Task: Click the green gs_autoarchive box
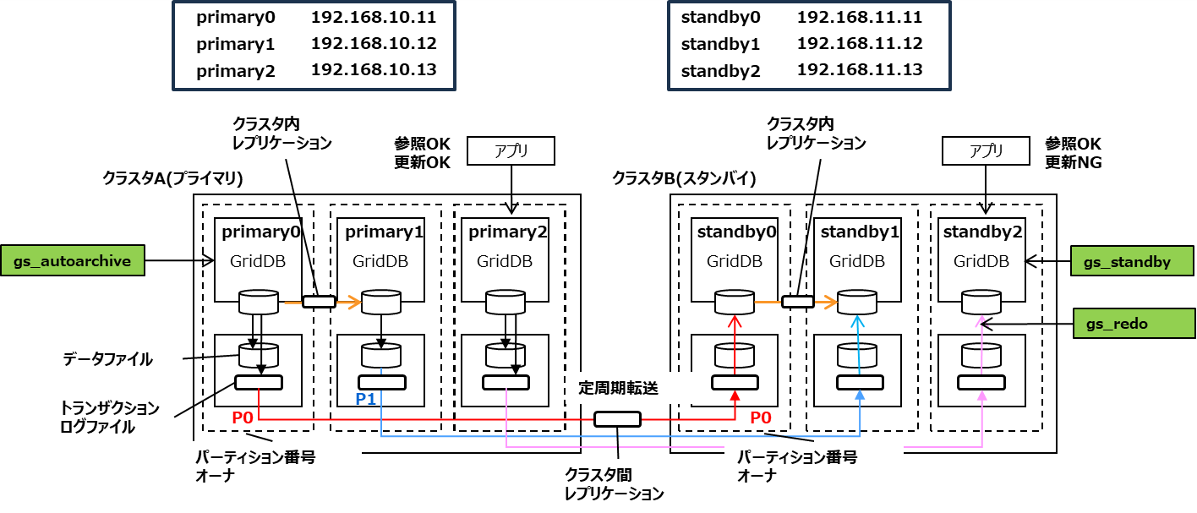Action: (x=74, y=261)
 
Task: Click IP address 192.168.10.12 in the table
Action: (x=374, y=43)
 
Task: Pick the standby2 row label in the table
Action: (x=720, y=71)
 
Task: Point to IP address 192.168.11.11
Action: (x=859, y=17)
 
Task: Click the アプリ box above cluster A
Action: (x=511, y=151)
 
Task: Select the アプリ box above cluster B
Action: (x=987, y=151)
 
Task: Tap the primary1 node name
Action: (x=380, y=232)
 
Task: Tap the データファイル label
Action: (x=107, y=359)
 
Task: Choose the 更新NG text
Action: (x=1073, y=162)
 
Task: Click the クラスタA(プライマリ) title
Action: (x=172, y=178)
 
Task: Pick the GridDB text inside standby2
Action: (x=981, y=262)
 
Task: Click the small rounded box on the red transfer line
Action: (x=617, y=418)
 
